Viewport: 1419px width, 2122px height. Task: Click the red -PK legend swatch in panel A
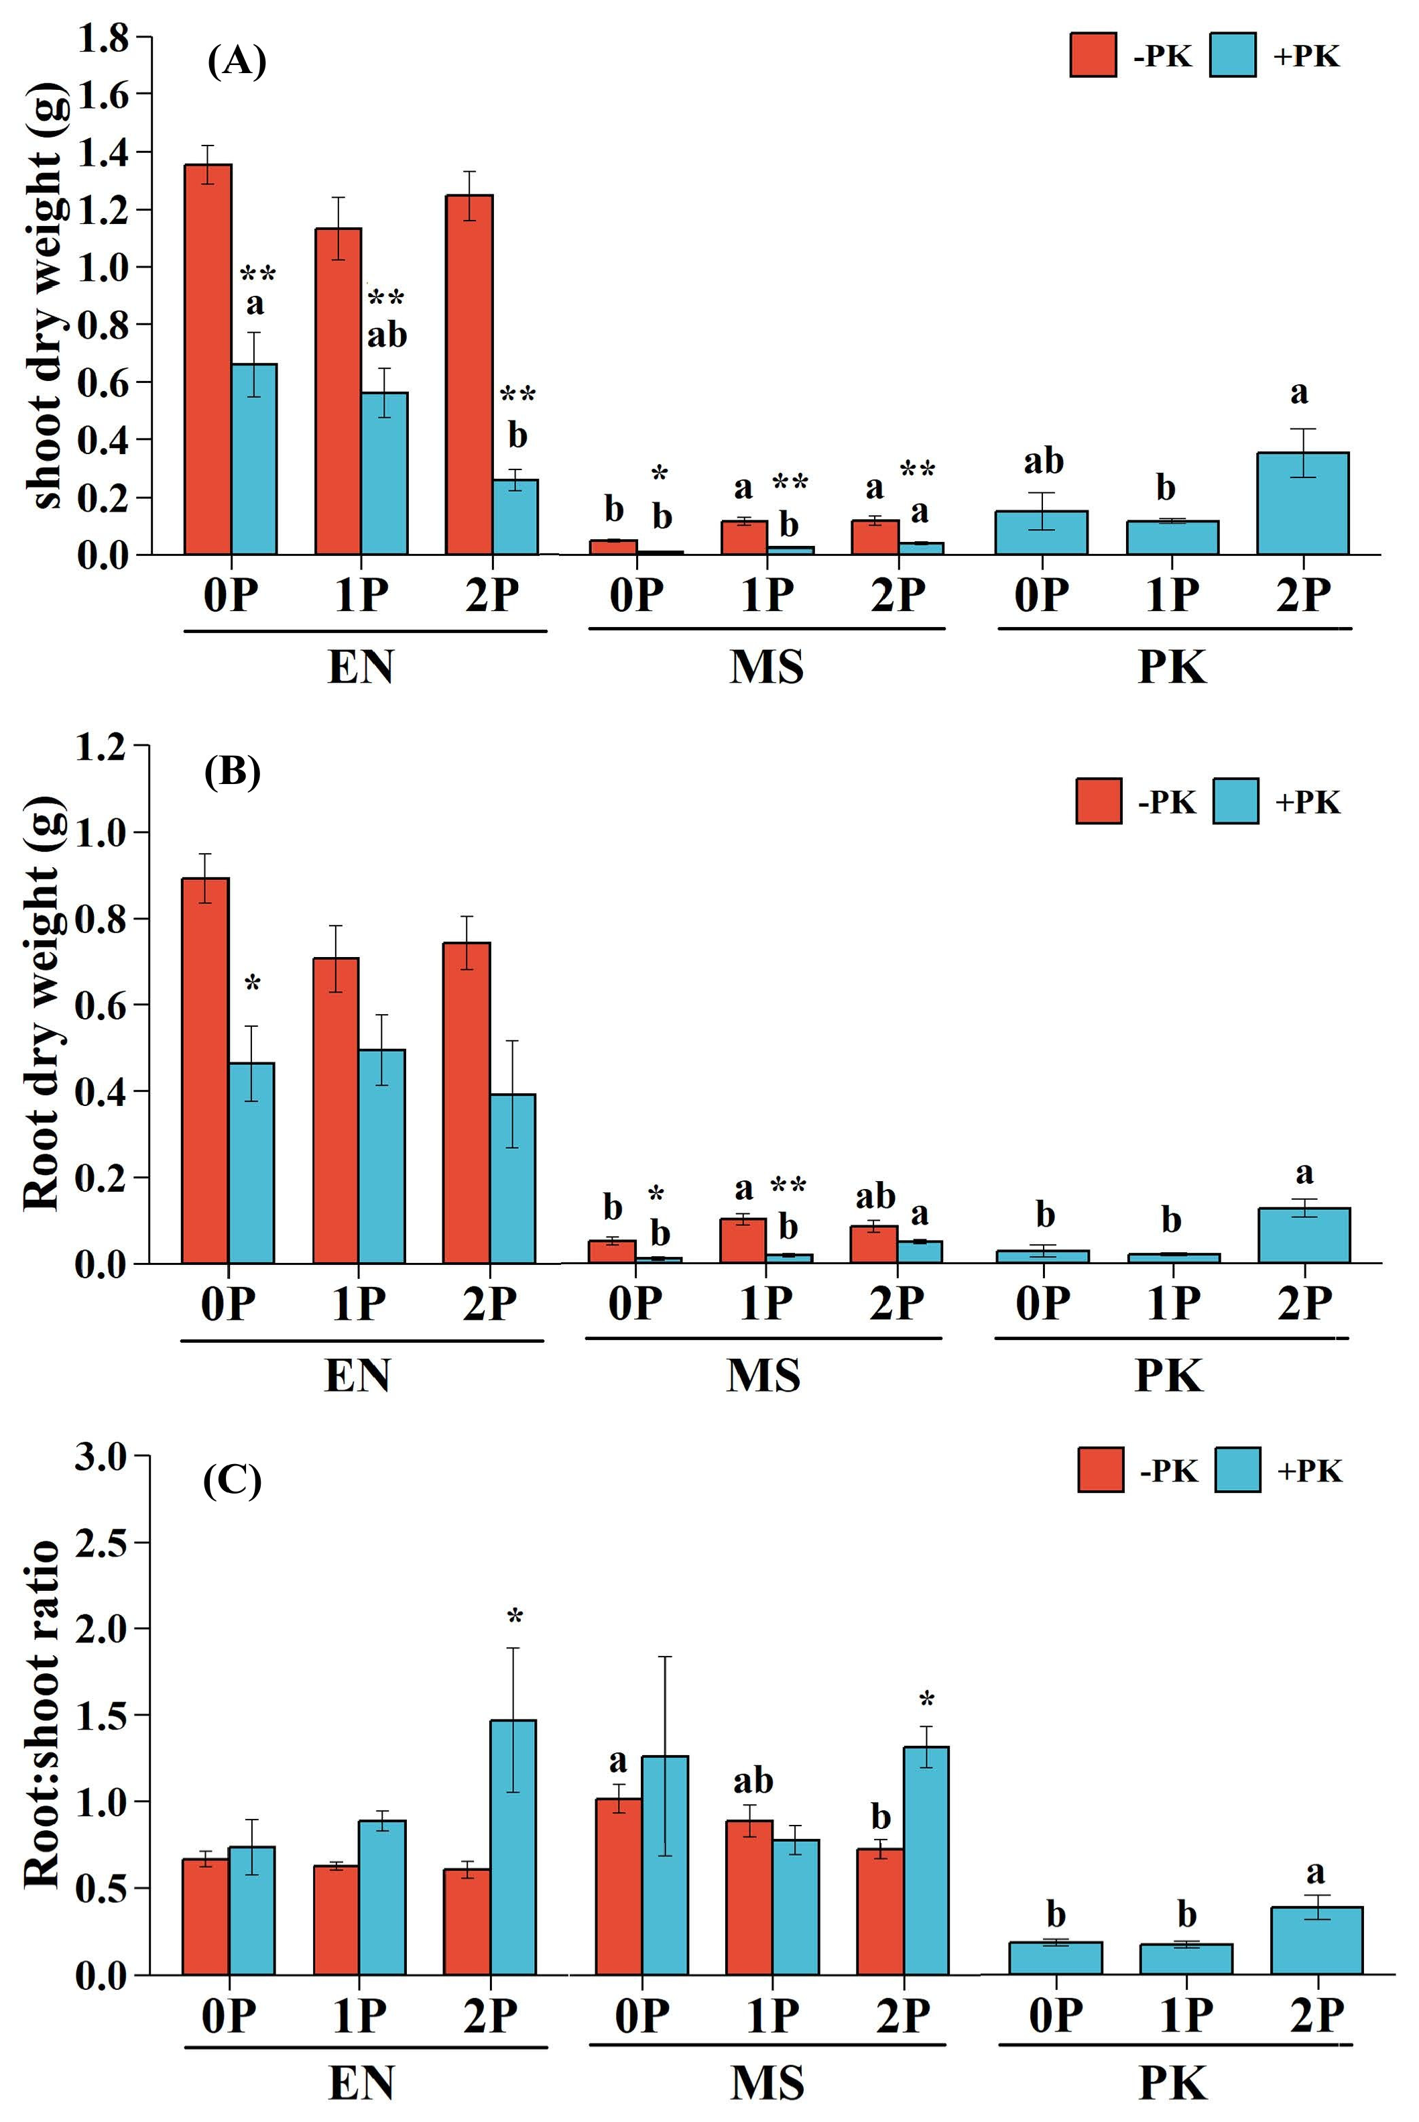coord(1093,55)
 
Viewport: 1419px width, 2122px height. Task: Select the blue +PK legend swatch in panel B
coord(1235,801)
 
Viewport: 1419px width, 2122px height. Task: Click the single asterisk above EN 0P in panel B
coord(253,984)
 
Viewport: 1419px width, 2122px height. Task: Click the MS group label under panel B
coord(763,1375)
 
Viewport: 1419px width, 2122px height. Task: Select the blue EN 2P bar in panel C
coord(513,1848)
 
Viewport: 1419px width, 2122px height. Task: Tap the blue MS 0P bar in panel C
coord(665,1866)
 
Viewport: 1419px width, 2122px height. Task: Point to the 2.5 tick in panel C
coord(101,1543)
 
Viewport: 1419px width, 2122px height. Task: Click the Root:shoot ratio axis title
coord(42,1715)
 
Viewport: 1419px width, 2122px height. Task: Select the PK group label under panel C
coord(1172,2083)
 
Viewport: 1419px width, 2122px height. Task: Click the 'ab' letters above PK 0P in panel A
coord(1042,461)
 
